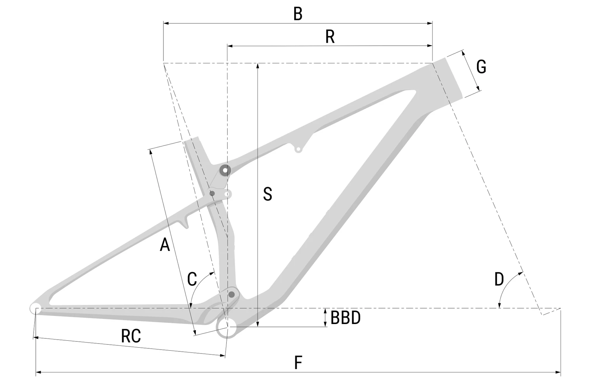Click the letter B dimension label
[x=298, y=14]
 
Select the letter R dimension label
[x=330, y=37]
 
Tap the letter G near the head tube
[x=481, y=67]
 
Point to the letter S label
[x=268, y=194]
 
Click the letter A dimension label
[x=165, y=245]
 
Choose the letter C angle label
[x=192, y=279]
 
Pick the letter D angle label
[x=499, y=279]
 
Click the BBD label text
[x=346, y=318]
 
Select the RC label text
[x=131, y=336]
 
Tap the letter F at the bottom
[x=298, y=363]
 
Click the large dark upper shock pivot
[x=225, y=171]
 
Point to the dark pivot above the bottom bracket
[x=232, y=294]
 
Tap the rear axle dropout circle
[x=35, y=308]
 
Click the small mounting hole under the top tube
[x=298, y=149]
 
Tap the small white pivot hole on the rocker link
[x=227, y=194]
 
